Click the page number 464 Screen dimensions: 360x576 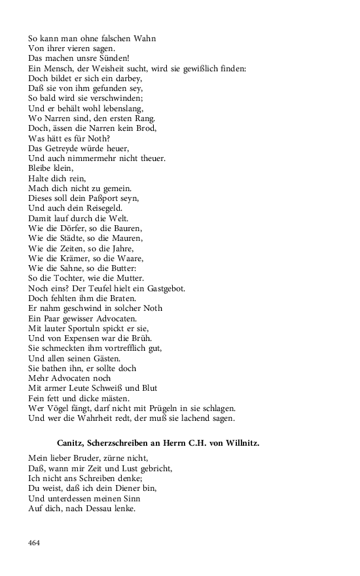34,543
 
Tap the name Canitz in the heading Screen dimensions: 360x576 72,443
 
